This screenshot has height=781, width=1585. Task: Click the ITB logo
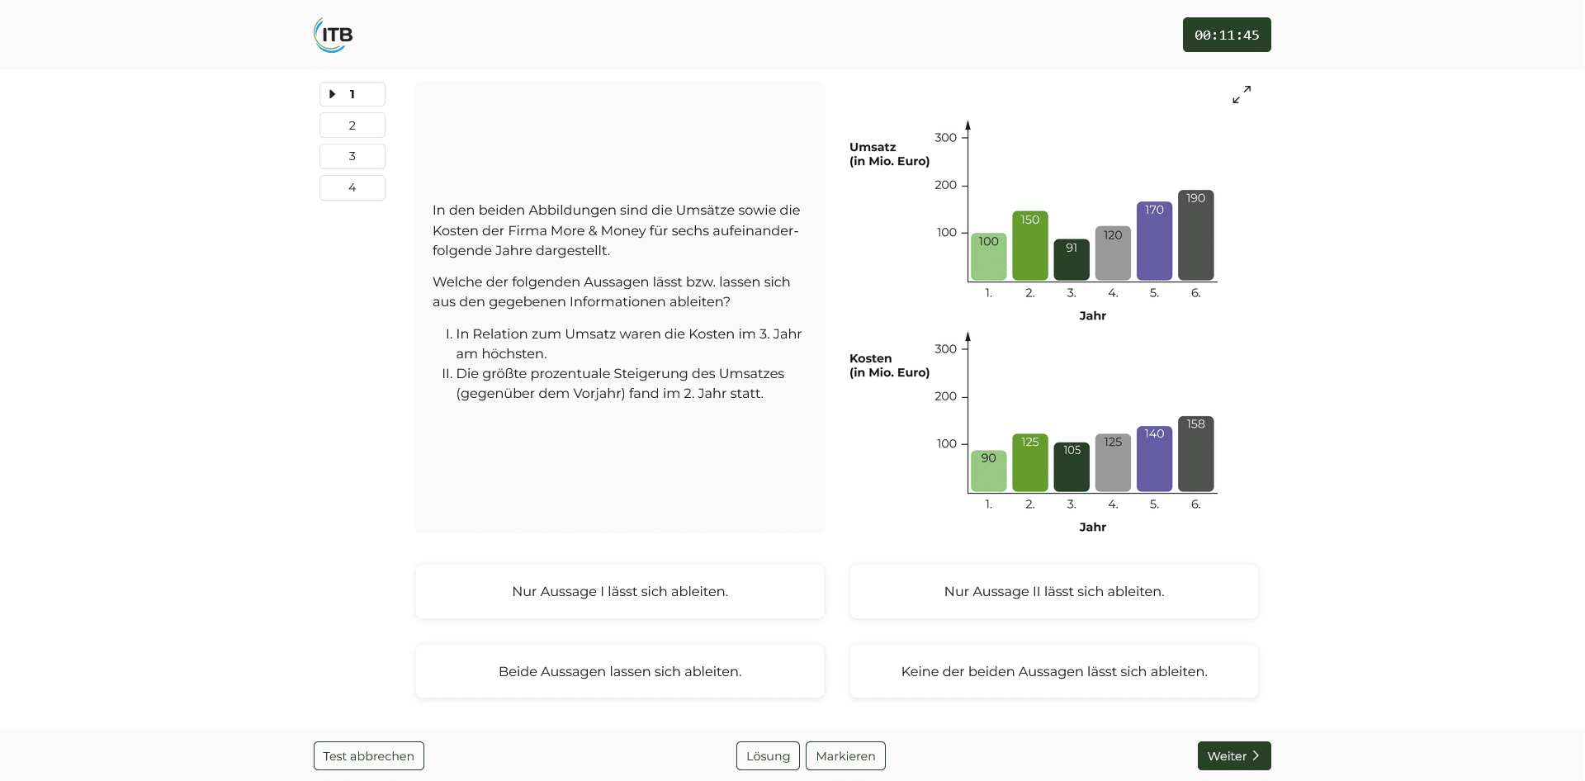click(334, 35)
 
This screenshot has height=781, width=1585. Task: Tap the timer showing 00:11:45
click(1226, 35)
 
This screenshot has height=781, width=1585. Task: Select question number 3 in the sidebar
click(352, 156)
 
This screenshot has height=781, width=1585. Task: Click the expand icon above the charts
click(1241, 95)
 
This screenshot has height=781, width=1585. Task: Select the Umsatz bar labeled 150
click(1029, 246)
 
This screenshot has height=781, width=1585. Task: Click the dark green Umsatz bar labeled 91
click(1071, 260)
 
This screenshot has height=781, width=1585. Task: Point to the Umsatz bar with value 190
click(1195, 235)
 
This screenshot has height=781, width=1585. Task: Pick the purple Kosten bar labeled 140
click(1154, 459)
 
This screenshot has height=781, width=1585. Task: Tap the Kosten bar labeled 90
click(988, 471)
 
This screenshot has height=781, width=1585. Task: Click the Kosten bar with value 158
click(1195, 454)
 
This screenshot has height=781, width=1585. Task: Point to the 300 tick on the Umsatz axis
click(946, 138)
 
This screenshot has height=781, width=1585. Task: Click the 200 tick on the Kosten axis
click(946, 396)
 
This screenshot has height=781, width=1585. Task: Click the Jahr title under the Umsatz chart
click(1092, 315)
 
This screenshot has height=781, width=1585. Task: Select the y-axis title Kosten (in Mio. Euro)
click(889, 365)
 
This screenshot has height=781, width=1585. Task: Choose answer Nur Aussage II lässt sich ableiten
click(1053, 591)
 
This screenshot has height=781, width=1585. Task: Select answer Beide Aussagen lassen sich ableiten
click(619, 671)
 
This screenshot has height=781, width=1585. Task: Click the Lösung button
click(767, 755)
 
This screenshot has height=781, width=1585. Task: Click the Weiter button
click(1233, 755)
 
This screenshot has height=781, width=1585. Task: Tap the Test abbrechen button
click(368, 755)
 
